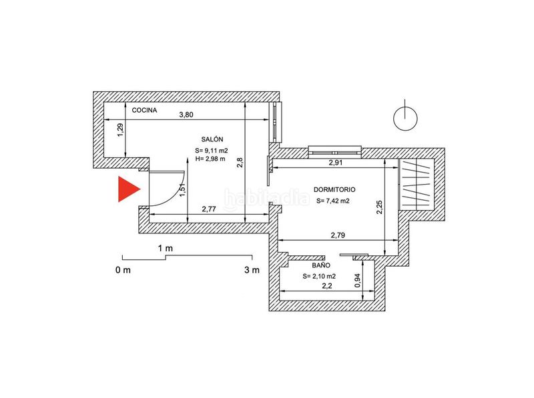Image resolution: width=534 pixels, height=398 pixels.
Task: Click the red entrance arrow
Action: [127, 189]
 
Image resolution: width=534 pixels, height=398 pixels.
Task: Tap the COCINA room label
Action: [144, 110]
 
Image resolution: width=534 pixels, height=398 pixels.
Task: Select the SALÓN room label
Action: [212, 139]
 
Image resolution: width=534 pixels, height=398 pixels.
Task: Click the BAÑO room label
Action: [321, 265]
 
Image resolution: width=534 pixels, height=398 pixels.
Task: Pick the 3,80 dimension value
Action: [186, 115]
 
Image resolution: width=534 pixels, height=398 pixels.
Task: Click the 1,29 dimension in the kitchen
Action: [120, 130]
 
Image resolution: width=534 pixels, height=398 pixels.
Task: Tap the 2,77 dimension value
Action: [209, 209]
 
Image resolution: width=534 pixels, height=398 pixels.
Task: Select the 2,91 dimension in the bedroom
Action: [336, 163]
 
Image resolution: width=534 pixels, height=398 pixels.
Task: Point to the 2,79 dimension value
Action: [338, 235]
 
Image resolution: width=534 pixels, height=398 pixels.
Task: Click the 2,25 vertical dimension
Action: [379, 207]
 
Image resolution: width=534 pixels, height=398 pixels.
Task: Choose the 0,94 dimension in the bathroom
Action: [357, 281]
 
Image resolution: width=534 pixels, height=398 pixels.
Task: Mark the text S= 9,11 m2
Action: [212, 151]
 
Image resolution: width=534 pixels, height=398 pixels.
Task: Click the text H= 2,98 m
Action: [210, 159]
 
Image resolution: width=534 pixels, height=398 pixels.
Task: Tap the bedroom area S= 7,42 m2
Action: [332, 201]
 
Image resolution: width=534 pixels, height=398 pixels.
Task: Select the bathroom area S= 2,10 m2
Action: [319, 276]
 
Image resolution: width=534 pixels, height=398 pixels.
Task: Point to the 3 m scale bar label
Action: [252, 270]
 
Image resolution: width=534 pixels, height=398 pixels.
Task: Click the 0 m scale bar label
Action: [123, 270]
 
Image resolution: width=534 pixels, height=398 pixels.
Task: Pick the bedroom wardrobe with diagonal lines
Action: [416, 185]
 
